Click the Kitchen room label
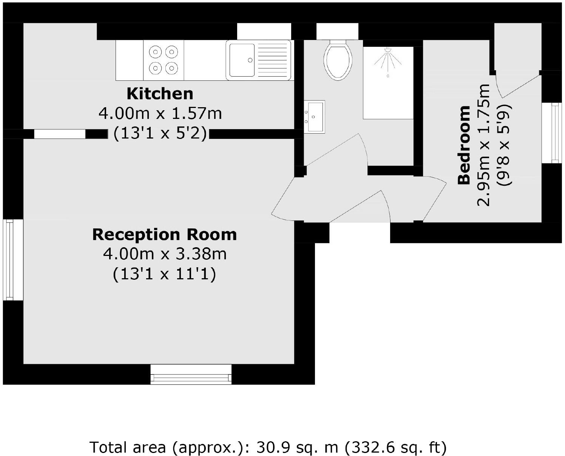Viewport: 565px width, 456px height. (160, 94)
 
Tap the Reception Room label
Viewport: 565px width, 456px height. (164, 234)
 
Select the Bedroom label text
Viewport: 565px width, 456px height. (464, 145)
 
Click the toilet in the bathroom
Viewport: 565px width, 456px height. (338, 60)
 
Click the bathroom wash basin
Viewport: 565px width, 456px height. (314, 116)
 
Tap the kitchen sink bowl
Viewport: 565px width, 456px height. (242, 60)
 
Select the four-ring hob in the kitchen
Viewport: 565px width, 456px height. (164, 60)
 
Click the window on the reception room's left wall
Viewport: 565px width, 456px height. (8, 260)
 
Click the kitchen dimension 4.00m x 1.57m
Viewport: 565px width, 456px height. (160, 113)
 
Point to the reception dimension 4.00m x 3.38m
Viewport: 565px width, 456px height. (165, 254)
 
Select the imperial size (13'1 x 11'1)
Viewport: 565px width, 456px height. (164, 274)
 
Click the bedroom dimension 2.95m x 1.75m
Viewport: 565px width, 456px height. (484, 145)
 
